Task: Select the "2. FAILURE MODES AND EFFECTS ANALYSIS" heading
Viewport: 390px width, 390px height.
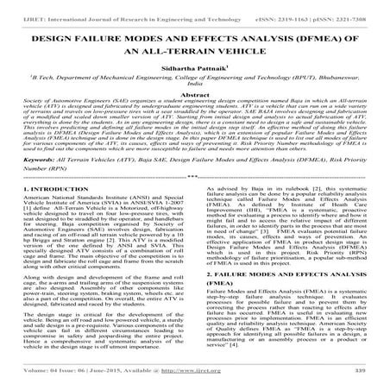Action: (x=277, y=299)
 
